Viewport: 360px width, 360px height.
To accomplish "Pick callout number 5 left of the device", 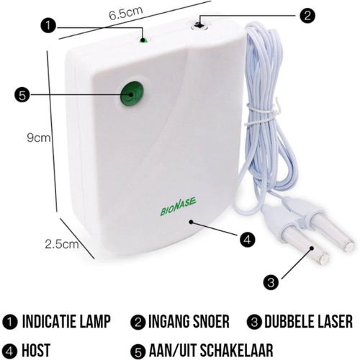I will [23, 94].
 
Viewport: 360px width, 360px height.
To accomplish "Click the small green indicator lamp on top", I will [144, 40].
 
